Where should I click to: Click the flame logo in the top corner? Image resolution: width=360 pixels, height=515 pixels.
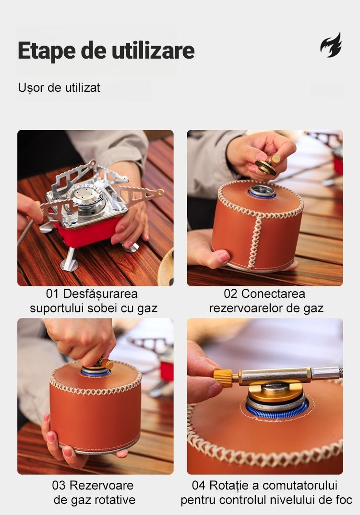coord(331,45)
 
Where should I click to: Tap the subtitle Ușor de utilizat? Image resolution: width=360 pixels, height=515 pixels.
coord(59,88)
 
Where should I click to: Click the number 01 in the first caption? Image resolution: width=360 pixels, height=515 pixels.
coord(52,294)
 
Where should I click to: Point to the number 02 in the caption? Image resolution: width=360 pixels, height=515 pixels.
coord(230,294)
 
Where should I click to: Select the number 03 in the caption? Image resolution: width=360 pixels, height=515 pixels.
coord(59,485)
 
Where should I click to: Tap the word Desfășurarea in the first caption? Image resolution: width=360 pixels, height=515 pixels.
coord(100,294)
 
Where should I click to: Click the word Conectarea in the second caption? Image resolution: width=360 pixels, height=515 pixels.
coord(273,294)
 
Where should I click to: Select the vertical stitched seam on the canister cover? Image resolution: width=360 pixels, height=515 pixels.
coord(255,240)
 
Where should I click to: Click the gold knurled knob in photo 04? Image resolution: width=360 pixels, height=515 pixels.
coord(223,378)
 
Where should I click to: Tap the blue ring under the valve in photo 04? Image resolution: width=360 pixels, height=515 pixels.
coord(277,412)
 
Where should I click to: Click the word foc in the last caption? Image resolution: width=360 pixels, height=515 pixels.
coord(344,500)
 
